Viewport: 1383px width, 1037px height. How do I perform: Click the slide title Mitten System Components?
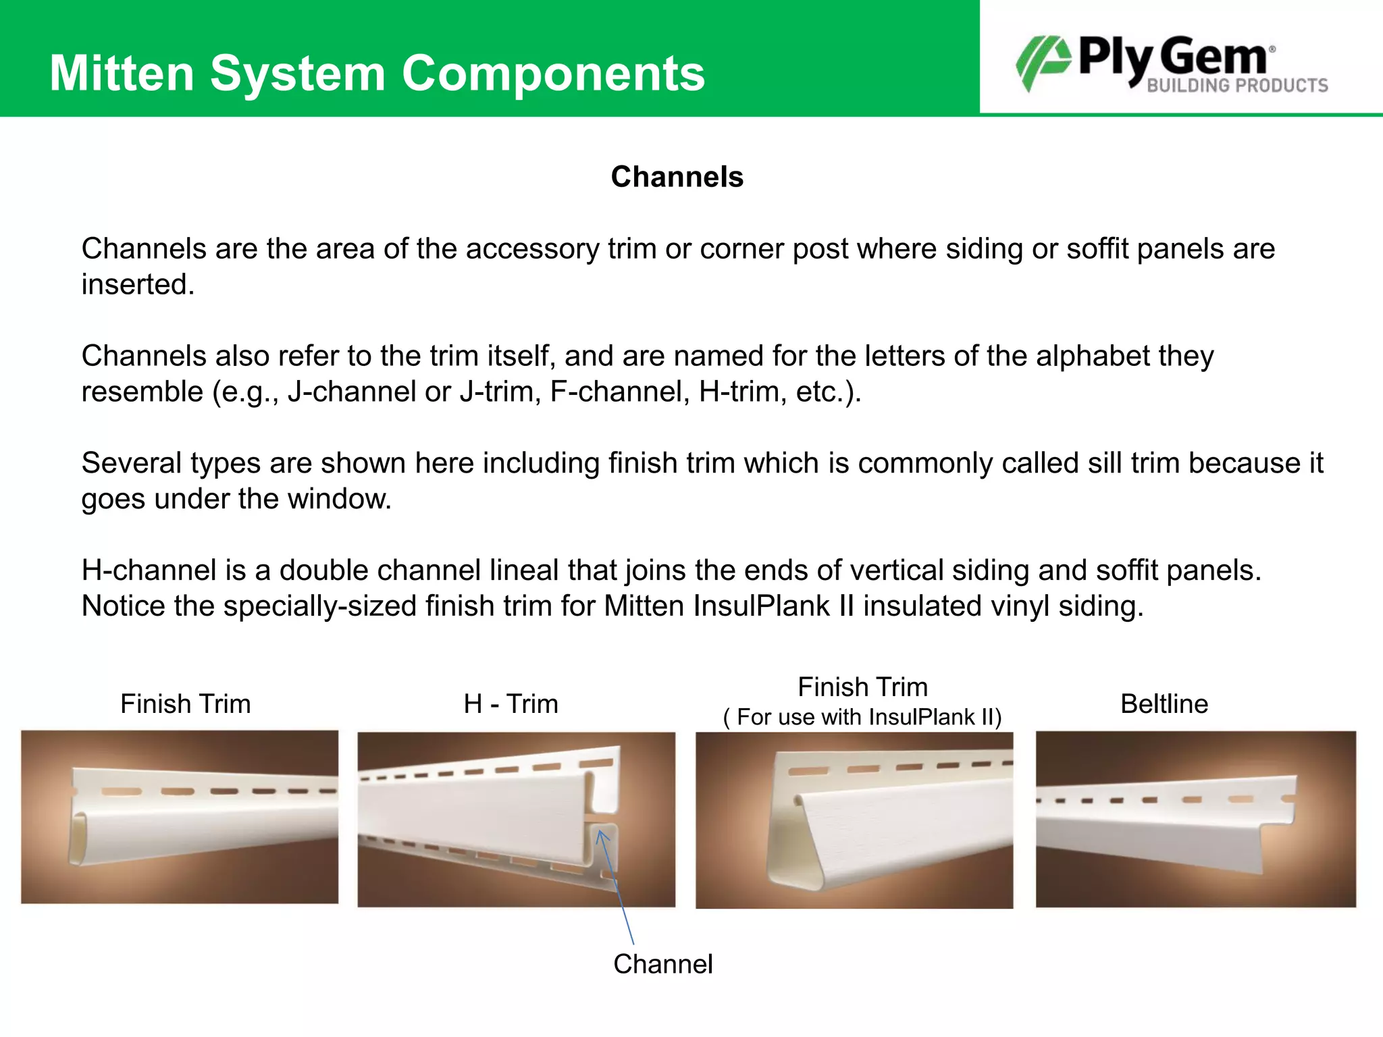point(377,73)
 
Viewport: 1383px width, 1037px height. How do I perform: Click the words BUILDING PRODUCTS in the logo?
point(1237,86)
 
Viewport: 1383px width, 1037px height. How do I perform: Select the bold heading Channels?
point(677,177)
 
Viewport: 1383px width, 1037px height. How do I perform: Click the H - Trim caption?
point(511,703)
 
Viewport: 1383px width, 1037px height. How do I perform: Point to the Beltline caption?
point(1164,703)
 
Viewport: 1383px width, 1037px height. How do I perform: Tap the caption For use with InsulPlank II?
point(862,717)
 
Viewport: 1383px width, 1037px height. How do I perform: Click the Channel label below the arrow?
point(662,964)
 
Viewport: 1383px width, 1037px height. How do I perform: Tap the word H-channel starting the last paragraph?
point(149,570)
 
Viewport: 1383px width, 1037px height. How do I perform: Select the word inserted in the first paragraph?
point(138,284)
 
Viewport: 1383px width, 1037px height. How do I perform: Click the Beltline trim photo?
point(1195,819)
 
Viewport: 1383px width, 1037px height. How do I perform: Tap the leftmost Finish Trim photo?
point(180,817)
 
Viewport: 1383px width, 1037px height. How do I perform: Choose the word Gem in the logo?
point(1215,57)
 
